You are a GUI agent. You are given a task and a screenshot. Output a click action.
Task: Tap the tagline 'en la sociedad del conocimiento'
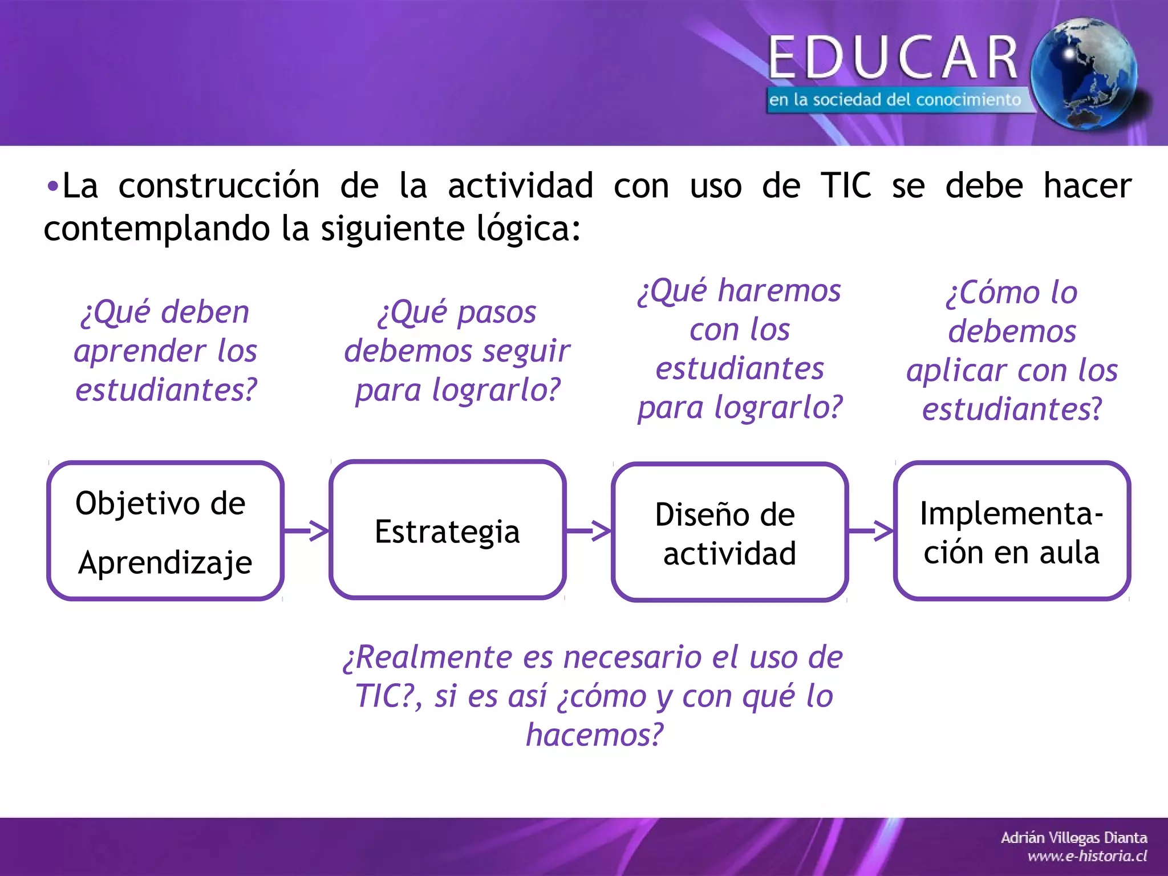[894, 100]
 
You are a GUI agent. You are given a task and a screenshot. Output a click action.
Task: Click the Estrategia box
[448, 530]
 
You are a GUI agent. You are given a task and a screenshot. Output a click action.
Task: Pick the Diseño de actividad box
[729, 532]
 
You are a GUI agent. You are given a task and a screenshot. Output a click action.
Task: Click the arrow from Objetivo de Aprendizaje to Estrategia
[307, 530]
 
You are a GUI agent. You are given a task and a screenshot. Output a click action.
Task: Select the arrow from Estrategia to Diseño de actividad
[589, 530]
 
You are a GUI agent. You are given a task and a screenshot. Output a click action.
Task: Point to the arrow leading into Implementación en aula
[871, 530]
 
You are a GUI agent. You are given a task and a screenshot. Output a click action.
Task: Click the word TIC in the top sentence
[846, 186]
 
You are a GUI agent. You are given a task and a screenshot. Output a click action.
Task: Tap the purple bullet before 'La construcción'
[52, 186]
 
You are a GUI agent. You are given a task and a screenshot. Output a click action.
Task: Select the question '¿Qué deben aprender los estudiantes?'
[165, 350]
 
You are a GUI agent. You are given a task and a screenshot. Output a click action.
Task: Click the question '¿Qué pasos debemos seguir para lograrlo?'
[457, 350]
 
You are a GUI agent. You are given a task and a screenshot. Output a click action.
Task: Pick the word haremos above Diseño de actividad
[779, 291]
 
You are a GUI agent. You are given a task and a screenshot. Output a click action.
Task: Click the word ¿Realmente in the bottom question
[428, 657]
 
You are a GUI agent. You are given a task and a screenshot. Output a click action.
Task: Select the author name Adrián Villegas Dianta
[1074, 838]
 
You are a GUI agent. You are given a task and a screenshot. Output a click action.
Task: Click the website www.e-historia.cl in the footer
[1087, 856]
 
